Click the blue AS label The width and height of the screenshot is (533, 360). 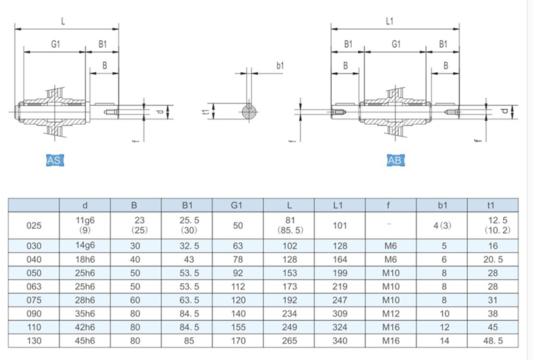tap(55, 160)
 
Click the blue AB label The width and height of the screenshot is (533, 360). tap(396, 160)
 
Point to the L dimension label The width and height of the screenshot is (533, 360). tap(63, 22)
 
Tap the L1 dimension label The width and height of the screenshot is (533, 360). tap(389, 22)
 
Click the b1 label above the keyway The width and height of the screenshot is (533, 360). tap(280, 65)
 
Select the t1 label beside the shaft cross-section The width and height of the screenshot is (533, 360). tap(205, 111)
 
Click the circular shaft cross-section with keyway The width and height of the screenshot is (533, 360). tap(250, 112)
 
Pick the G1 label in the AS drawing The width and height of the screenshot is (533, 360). tap(56, 44)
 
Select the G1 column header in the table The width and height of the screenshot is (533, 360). tap(237, 205)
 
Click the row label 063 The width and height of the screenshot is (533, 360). tap(34, 286)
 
